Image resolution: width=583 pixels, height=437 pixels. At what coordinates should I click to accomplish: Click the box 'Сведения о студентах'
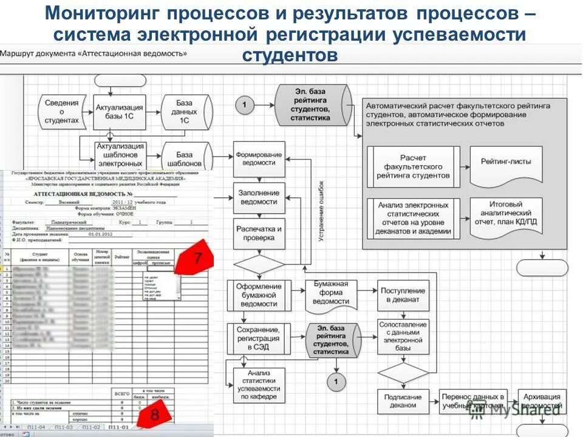click(62, 111)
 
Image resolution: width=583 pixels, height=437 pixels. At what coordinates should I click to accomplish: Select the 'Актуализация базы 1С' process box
click(119, 111)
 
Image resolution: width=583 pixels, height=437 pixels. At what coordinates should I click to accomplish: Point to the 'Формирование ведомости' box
click(259, 159)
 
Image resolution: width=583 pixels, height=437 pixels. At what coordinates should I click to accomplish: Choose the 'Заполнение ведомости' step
click(259, 197)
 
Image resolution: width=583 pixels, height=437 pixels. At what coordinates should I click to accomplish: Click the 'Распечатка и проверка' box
click(259, 234)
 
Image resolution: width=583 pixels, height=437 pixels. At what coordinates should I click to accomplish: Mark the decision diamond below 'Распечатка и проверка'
click(259, 265)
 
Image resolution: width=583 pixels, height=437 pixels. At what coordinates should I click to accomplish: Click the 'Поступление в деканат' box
click(403, 294)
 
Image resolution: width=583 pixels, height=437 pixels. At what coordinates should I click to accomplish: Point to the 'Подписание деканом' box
click(403, 401)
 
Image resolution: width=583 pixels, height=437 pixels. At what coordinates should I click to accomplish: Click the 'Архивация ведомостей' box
click(542, 401)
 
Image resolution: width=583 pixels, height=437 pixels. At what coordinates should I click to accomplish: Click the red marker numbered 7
click(197, 258)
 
